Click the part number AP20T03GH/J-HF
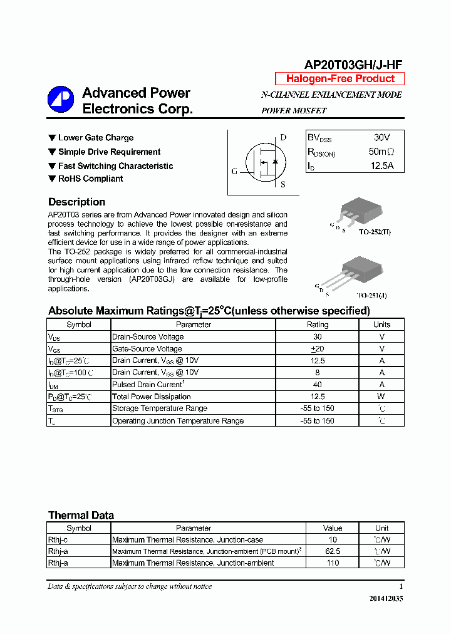(x=353, y=65)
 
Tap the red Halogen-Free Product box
(x=340, y=79)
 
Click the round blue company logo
(x=61, y=100)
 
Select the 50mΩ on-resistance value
(x=381, y=152)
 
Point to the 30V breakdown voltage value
(x=381, y=137)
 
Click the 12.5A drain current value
(x=381, y=166)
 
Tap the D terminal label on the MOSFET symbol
(x=283, y=138)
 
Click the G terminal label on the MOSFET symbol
(x=234, y=171)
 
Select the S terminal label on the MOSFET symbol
(x=283, y=184)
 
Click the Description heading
(x=76, y=202)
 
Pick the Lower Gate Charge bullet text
(x=96, y=138)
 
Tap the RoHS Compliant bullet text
(x=90, y=179)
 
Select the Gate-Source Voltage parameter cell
(x=147, y=348)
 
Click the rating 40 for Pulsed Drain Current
(x=318, y=385)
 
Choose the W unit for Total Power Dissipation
(x=381, y=397)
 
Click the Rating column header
(x=318, y=325)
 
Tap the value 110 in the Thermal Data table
(x=333, y=563)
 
